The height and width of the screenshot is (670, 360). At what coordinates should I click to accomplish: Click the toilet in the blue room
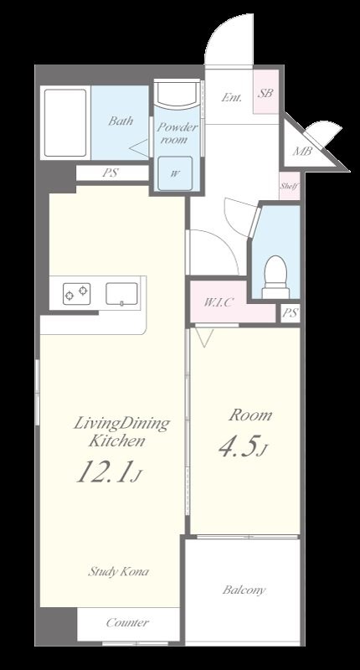275,277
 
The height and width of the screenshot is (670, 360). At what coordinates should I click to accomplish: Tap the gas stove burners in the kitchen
77,294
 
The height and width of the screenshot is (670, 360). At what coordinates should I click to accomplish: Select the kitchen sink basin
121,294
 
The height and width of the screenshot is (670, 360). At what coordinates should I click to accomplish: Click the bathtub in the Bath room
65,122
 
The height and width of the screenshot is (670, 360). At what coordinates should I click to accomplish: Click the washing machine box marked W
175,173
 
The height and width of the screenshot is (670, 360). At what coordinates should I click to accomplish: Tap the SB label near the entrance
265,93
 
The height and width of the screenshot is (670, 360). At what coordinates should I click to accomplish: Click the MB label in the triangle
302,151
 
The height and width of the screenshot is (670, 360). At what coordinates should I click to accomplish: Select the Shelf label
289,186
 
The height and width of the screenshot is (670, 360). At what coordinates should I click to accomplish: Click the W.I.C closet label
218,302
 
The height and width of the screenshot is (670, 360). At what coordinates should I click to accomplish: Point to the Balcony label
244,590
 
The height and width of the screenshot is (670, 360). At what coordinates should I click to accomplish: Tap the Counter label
127,622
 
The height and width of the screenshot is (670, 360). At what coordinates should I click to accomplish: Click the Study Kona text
118,571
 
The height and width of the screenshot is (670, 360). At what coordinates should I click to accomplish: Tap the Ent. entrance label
231,97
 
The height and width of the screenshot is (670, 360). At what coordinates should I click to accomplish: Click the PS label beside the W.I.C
290,313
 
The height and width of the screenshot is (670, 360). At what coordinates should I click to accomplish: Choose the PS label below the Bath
111,173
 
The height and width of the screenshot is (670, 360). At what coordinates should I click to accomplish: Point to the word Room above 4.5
249,415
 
